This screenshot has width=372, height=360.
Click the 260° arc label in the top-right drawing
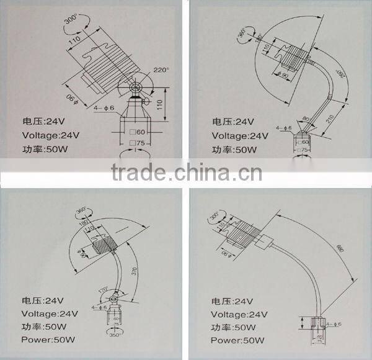340,76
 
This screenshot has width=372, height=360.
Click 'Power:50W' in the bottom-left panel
48,340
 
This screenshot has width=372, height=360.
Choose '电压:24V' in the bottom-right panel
232,301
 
